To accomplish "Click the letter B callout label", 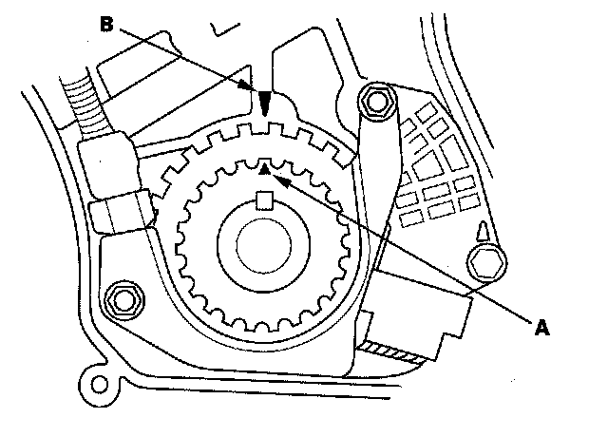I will pyautogui.click(x=106, y=26).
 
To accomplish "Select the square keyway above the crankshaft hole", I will pyautogui.click(x=266, y=199).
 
